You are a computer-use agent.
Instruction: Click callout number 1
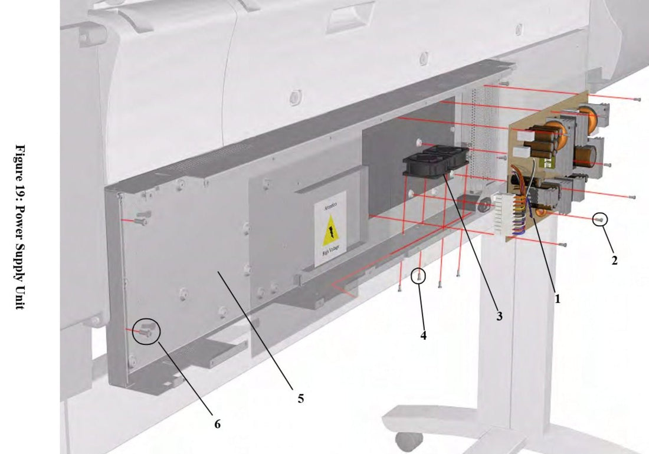point(557,298)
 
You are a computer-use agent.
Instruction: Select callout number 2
point(614,259)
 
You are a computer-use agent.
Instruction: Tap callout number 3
point(499,316)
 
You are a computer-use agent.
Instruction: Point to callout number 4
point(423,335)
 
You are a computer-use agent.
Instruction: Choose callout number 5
point(300,399)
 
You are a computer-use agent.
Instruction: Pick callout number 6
point(217,423)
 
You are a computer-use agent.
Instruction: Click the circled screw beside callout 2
point(599,219)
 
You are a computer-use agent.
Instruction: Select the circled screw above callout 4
point(419,275)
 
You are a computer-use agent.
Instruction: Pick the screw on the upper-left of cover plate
point(142,219)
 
